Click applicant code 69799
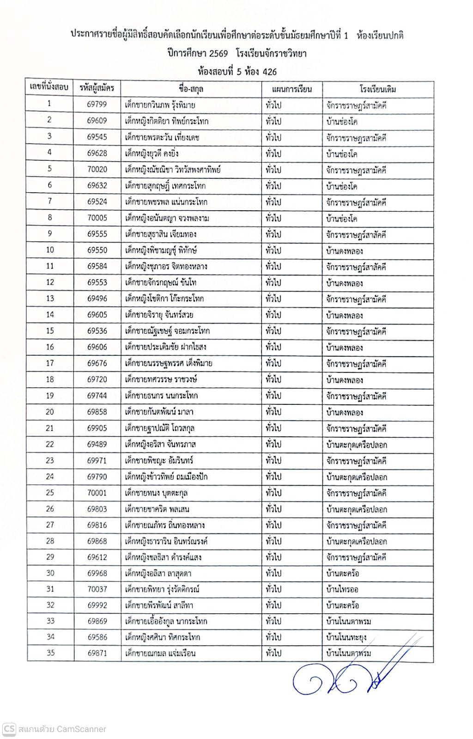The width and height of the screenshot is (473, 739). coord(97,104)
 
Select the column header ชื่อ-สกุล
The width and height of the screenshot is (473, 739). coord(191,89)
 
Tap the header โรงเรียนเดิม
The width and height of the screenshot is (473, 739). coord(377,89)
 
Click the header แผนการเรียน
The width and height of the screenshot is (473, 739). coord(291,89)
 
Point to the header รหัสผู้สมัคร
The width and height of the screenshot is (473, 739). coord(97,87)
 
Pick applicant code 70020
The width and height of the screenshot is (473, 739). coord(97,169)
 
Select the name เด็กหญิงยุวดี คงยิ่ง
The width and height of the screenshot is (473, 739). coord(152,153)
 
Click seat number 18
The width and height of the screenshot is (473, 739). coord(50,379)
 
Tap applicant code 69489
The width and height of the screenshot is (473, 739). coord(97,444)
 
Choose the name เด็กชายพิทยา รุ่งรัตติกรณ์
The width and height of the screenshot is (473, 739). coord(162,589)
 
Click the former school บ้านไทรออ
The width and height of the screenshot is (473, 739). coord(342,589)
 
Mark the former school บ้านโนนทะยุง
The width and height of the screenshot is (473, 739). coord(346,637)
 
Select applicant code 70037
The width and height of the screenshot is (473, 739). coord(97,589)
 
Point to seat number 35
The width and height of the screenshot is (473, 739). coord(50,653)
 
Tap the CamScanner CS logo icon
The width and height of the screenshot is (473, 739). coord(9,729)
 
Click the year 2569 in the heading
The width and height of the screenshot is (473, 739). coord(218,53)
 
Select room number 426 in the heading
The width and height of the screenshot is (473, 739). coord(269,72)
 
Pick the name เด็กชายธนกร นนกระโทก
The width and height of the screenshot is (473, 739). coord(162,396)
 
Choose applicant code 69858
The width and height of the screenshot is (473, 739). coord(97,412)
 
